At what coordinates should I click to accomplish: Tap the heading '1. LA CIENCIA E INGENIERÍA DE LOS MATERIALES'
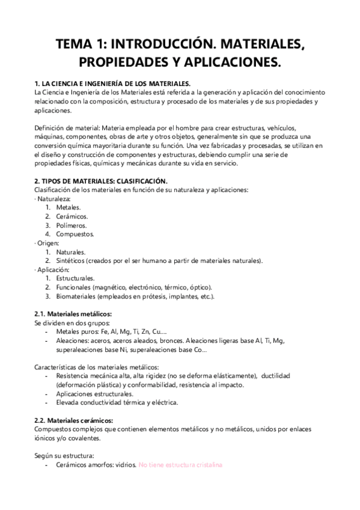point(114,84)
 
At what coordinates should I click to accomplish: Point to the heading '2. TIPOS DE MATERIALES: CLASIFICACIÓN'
point(102,181)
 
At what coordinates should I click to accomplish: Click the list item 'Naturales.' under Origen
point(71,252)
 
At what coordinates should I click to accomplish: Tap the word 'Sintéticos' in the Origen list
point(72,261)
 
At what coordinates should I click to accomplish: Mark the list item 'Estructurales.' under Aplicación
point(75,279)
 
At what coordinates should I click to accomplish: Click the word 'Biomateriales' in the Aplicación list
point(78,296)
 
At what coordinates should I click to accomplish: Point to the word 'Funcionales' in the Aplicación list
point(75,288)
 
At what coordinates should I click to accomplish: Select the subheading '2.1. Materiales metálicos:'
point(73,315)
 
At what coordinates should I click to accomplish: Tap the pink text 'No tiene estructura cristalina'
point(181,465)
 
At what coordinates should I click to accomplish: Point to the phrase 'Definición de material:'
point(67,128)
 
